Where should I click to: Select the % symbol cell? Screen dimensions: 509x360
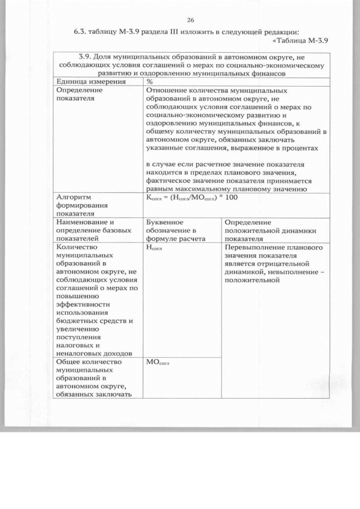(x=150, y=82)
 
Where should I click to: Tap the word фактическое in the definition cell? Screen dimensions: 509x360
(x=171, y=181)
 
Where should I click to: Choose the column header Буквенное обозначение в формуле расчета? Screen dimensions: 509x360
(x=172, y=231)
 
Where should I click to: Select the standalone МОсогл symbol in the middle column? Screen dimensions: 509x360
(x=157, y=363)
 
